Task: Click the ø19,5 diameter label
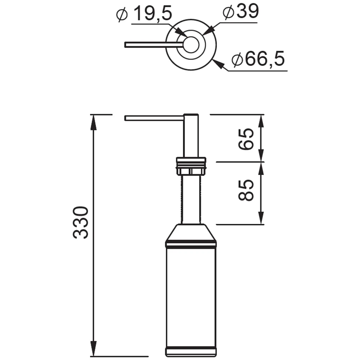(x=144, y=14)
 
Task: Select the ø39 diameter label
(x=240, y=12)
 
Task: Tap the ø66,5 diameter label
(x=258, y=59)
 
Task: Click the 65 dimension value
(x=246, y=139)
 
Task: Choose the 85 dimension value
(x=246, y=190)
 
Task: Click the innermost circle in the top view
(x=191, y=45)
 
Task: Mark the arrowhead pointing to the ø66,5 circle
(x=218, y=64)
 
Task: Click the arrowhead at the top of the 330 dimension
(x=93, y=122)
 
